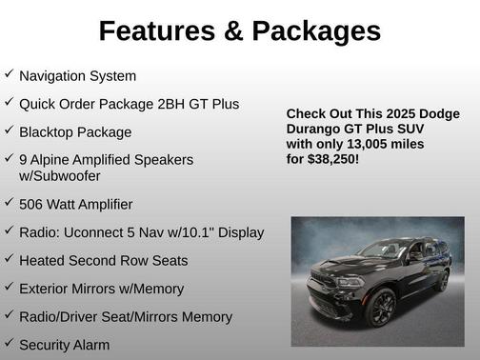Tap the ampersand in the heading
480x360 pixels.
(x=234, y=31)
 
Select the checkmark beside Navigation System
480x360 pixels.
(x=9, y=73)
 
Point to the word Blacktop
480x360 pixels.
(x=50, y=132)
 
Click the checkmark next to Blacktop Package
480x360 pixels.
(x=9, y=130)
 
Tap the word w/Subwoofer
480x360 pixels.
(x=60, y=176)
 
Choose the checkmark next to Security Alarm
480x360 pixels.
(x=9, y=342)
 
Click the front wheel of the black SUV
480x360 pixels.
(x=380, y=310)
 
